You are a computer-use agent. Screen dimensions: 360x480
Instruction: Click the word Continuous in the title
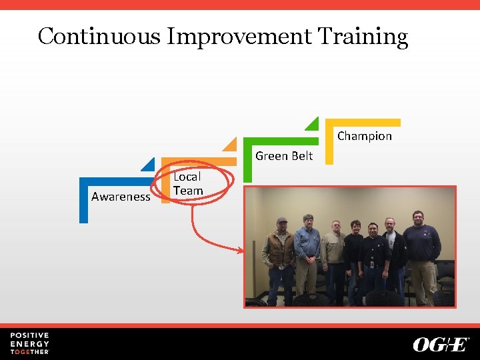coord(99,36)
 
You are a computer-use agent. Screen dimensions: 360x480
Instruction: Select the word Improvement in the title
coord(239,37)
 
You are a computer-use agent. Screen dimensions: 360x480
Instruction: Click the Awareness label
coord(121,197)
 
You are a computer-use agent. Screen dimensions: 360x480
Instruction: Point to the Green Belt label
coord(284,156)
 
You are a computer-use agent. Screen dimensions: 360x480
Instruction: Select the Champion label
coord(364,136)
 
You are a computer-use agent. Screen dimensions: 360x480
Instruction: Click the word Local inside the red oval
coord(187,177)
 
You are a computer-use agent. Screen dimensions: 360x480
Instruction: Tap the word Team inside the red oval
coord(188,191)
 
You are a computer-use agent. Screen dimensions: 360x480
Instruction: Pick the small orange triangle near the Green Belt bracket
coord(231,145)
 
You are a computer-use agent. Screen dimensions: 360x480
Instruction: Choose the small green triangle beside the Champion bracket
coord(313,125)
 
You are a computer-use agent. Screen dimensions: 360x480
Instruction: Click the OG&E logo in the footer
coord(441,344)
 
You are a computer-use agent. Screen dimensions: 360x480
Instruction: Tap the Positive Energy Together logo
coord(29,343)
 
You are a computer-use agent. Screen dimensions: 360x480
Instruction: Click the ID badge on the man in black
coord(371,263)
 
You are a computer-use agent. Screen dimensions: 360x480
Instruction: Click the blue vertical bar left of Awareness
coord(83,203)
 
